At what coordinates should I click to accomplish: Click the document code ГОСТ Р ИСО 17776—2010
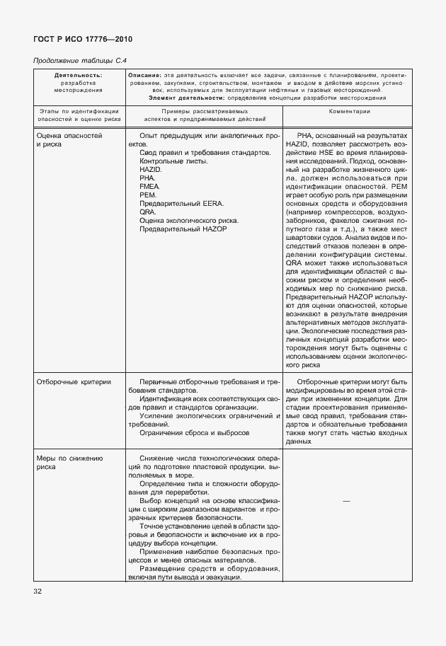[x=83, y=39]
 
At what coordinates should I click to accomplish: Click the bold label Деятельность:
[x=78, y=75]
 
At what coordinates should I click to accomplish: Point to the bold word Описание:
[x=144, y=75]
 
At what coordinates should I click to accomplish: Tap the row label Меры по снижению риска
[x=69, y=463]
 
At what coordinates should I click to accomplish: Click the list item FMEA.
[x=150, y=187]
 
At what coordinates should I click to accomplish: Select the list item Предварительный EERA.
[x=181, y=204]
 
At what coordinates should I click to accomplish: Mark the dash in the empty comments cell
[x=345, y=501]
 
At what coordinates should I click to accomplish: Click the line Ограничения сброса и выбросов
[x=195, y=432]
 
